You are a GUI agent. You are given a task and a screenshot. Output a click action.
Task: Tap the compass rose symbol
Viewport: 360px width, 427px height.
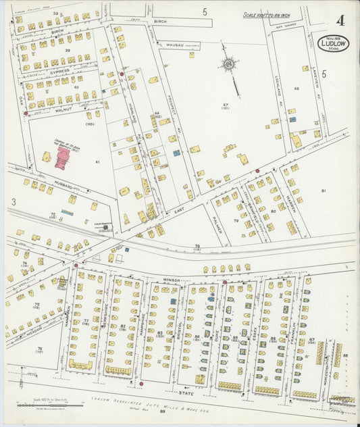(228, 65)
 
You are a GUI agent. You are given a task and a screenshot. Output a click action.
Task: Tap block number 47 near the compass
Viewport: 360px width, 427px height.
(226, 105)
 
